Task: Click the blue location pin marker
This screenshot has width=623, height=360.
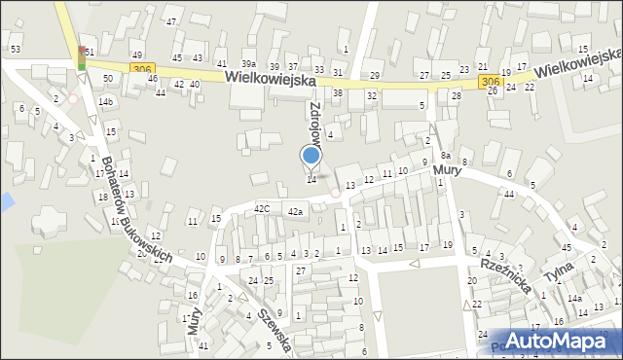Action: point(311,156)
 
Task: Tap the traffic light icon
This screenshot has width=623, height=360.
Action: point(82,59)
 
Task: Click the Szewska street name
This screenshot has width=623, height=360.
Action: point(275,327)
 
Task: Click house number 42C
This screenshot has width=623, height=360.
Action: point(261,208)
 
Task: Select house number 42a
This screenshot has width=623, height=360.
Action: point(295,211)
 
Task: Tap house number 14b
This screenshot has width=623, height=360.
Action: point(105,102)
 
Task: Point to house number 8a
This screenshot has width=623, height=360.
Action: point(446,155)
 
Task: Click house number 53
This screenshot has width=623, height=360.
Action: point(15,48)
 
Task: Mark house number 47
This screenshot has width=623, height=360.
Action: point(171,20)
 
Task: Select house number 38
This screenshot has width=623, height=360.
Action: point(338,93)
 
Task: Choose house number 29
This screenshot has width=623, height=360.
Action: point(375,75)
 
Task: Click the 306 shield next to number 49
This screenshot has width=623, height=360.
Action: point(143,68)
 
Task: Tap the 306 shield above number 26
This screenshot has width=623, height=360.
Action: point(490,83)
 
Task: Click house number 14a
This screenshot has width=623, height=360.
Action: point(575,299)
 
